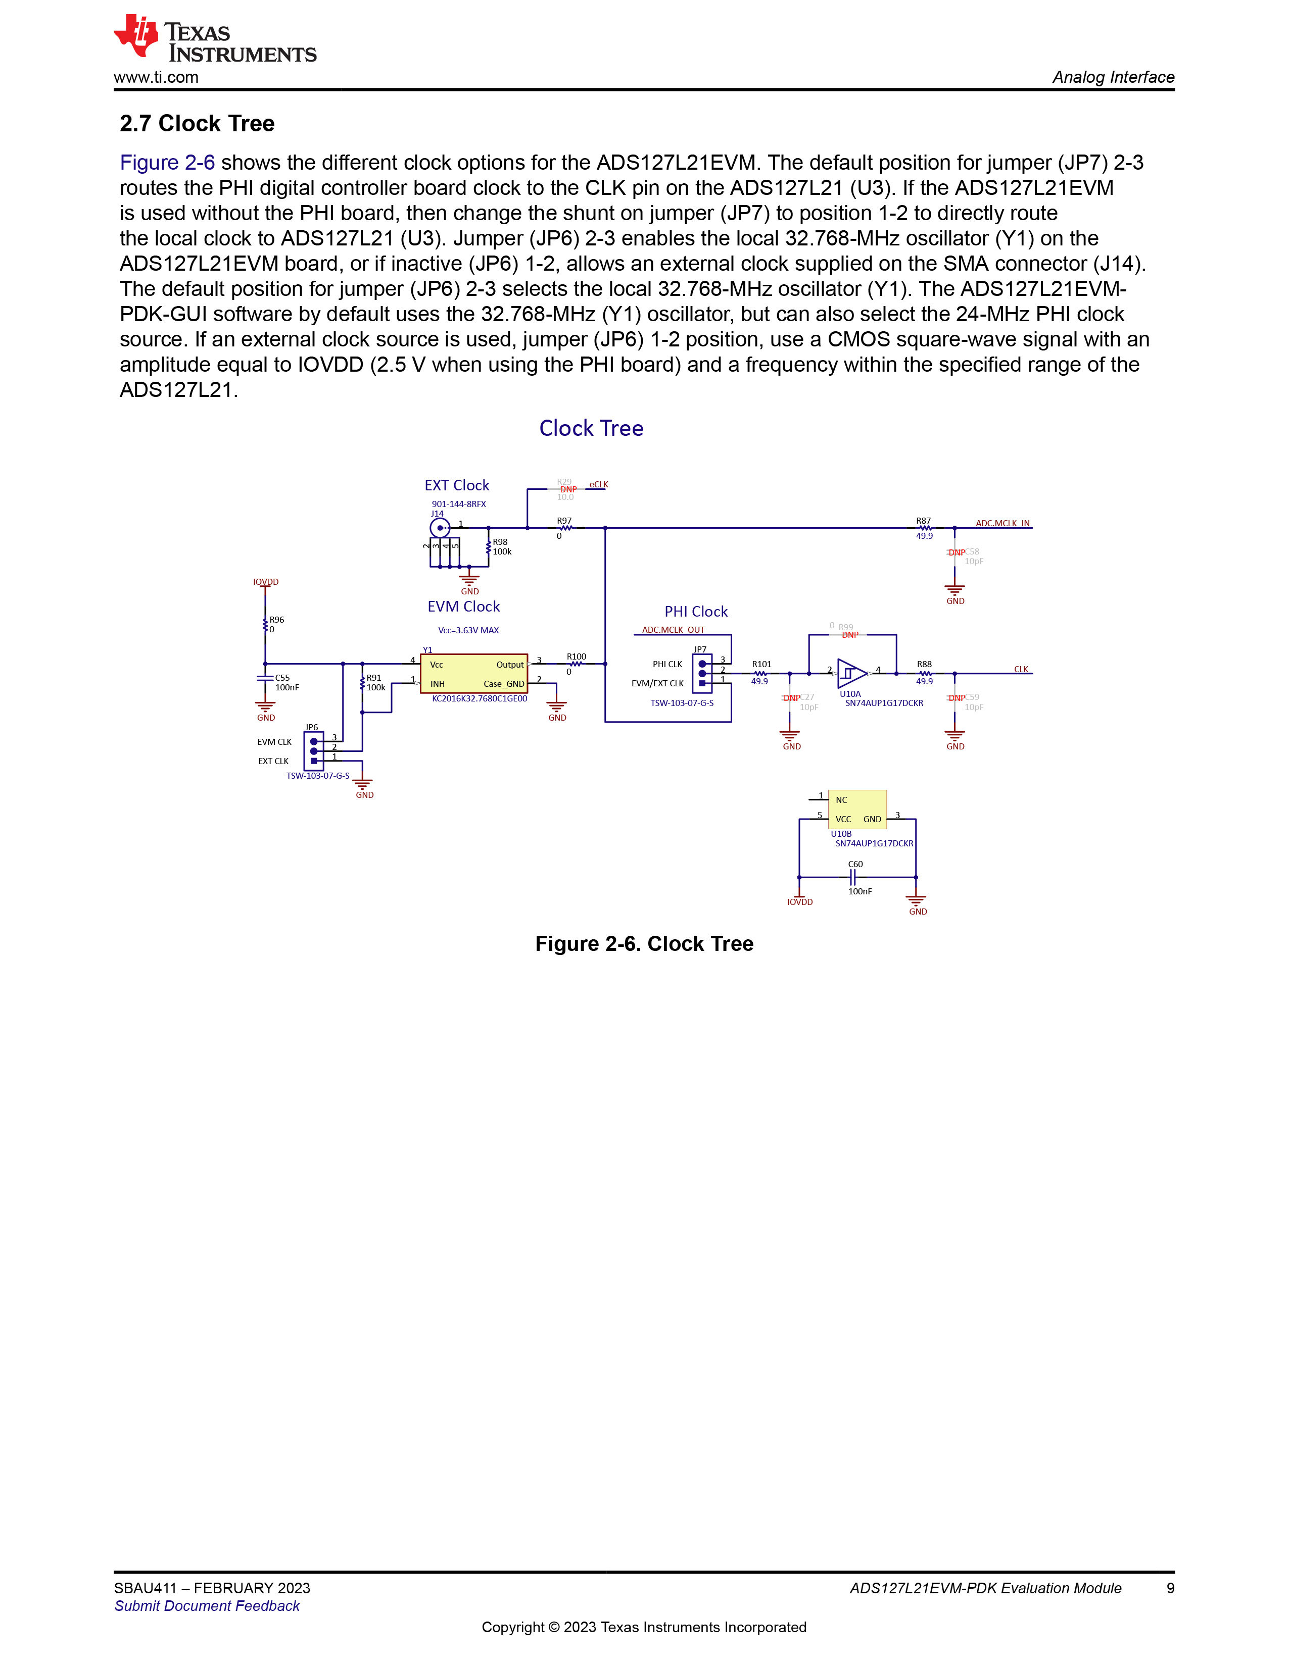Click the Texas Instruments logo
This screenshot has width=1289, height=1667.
[x=215, y=39]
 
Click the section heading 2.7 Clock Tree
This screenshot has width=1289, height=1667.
[x=197, y=124]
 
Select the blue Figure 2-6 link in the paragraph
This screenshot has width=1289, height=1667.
[x=167, y=163]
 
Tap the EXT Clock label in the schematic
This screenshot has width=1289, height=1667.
[x=457, y=485]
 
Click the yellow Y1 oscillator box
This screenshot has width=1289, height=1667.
[x=473, y=674]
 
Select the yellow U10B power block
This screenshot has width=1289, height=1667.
[x=857, y=809]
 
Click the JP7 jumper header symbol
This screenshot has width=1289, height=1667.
[x=702, y=673]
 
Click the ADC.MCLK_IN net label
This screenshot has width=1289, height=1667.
[x=1002, y=524]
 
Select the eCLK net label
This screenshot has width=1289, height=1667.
[x=599, y=485]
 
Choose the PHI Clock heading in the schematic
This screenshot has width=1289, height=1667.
[x=696, y=612]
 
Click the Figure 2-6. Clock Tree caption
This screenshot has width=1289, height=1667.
[x=645, y=944]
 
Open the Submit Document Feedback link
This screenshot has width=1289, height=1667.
[x=207, y=1606]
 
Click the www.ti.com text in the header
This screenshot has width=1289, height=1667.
[x=156, y=77]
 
